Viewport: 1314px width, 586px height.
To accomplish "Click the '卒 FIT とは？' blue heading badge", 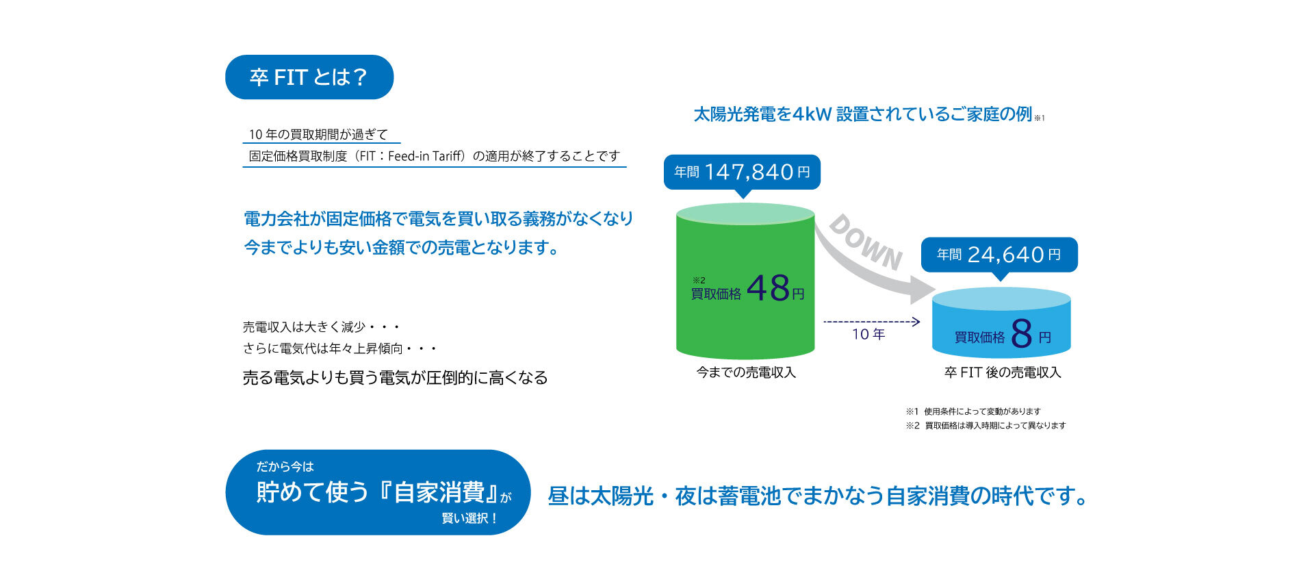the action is tap(309, 77).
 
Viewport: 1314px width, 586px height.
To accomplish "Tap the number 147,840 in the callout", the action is tap(749, 172).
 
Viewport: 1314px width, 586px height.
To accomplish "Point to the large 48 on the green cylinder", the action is tap(768, 288).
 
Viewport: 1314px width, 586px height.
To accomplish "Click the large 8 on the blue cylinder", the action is tap(1021, 333).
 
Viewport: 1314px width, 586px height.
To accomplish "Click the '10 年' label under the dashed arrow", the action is tap(868, 334).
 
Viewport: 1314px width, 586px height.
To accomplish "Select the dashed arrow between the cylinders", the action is tap(872, 321).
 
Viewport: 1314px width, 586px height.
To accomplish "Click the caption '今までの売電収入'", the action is tap(746, 372).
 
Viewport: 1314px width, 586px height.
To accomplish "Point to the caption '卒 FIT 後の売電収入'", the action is tap(1003, 372).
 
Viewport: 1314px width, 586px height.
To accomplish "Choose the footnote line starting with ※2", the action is tap(985, 426).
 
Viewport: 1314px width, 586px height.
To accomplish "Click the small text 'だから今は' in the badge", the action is tap(285, 467).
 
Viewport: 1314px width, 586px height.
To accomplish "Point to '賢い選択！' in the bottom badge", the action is tap(470, 518).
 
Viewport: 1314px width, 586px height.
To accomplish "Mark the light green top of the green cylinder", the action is tap(745, 214).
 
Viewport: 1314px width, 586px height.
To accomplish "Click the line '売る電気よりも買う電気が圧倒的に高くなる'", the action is tap(395, 378).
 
